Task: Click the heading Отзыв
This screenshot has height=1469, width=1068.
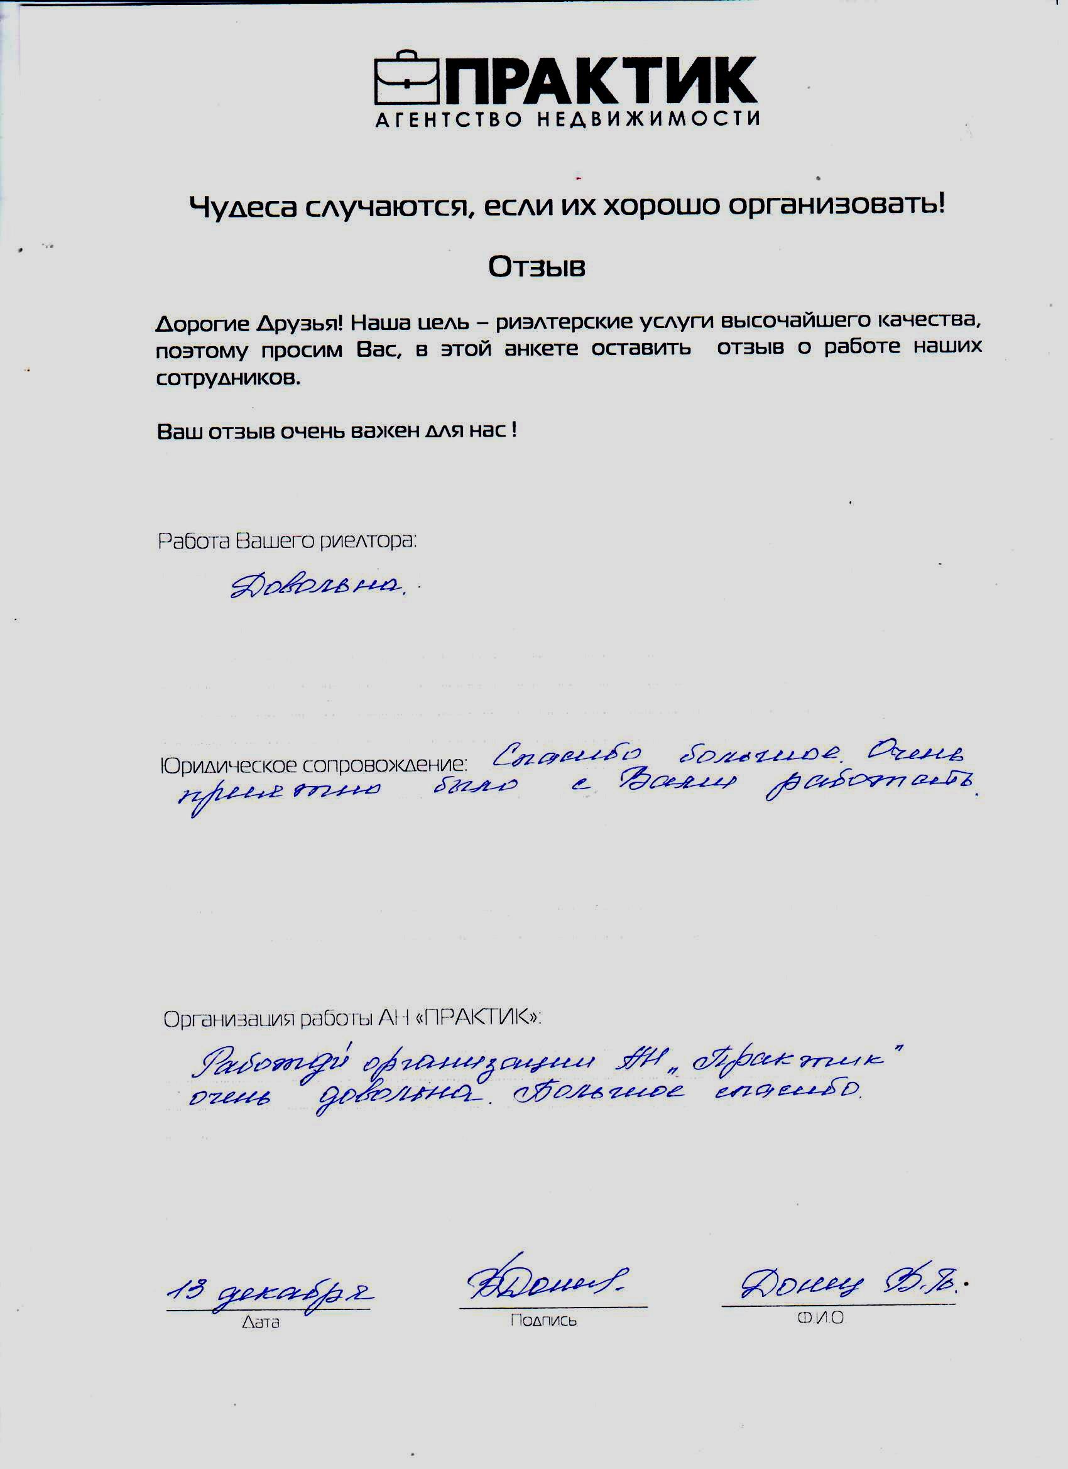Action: [537, 267]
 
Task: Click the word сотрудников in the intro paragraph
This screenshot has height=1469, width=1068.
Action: [228, 379]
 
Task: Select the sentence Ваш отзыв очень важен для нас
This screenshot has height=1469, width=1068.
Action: [336, 432]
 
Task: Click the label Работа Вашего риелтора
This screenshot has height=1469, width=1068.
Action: [287, 541]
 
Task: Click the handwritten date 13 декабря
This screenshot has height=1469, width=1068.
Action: [269, 1294]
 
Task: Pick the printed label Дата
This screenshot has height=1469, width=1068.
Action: [260, 1322]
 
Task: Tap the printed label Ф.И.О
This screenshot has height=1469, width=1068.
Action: [820, 1318]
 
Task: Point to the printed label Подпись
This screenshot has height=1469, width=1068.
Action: [543, 1320]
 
